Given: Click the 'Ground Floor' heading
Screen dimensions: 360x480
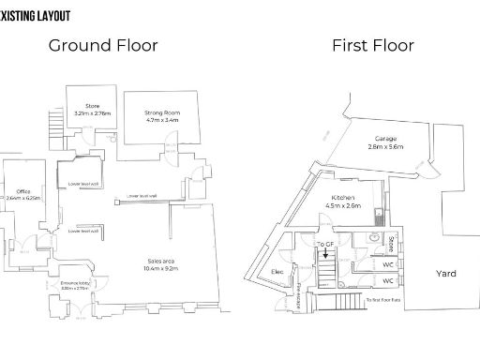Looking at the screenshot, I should point(103,45).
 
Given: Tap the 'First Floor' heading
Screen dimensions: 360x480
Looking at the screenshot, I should point(373,45).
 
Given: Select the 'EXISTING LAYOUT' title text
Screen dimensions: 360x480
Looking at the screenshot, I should point(36,16).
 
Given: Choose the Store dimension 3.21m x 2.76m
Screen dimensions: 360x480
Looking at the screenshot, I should point(92,113).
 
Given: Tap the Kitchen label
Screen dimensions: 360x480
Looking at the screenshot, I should point(342,198).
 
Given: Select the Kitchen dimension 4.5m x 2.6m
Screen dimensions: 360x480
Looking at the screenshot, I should point(342,206).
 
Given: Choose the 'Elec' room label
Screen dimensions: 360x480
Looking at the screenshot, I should point(277,271).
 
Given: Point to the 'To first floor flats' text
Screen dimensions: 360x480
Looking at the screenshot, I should point(385,299).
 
